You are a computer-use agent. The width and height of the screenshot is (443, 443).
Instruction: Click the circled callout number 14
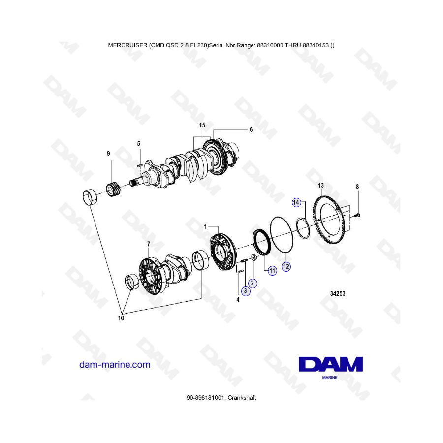pyautogui.click(x=296, y=202)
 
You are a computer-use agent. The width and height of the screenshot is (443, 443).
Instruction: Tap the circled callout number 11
pyautogui.click(x=272, y=271)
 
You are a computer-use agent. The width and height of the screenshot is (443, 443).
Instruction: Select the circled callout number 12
pyautogui.click(x=286, y=266)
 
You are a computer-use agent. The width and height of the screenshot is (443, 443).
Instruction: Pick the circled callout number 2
pyautogui.click(x=253, y=283)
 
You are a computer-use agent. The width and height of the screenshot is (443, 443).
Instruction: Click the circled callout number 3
pyautogui.click(x=246, y=291)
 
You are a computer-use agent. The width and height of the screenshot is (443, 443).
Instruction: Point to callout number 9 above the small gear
pyautogui.click(x=108, y=154)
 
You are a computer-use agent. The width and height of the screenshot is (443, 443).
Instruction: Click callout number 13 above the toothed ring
pyautogui.click(x=320, y=186)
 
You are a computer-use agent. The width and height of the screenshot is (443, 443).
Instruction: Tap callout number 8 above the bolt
pyautogui.click(x=357, y=187)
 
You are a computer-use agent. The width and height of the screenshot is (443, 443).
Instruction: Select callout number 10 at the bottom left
pyautogui.click(x=121, y=318)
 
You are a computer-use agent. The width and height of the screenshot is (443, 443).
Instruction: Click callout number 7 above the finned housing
pyautogui.click(x=149, y=244)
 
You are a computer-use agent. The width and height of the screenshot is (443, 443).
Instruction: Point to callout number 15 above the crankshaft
pyautogui.click(x=202, y=125)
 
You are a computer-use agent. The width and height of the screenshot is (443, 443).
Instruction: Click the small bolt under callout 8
pyautogui.click(x=357, y=216)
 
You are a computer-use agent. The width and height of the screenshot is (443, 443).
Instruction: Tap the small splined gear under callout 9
pyautogui.click(x=113, y=190)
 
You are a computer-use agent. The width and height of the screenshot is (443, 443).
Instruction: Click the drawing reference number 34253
pyautogui.click(x=338, y=293)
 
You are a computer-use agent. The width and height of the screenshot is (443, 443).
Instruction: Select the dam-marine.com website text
pyautogui.click(x=115, y=364)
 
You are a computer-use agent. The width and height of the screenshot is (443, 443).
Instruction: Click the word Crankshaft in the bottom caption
pyautogui.click(x=242, y=398)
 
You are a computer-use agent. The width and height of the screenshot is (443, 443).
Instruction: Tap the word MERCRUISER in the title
pyautogui.click(x=127, y=45)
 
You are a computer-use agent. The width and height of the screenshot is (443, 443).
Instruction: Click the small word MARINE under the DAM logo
pyautogui.click(x=330, y=377)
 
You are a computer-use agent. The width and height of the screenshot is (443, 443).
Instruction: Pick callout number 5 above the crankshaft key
pyautogui.click(x=138, y=144)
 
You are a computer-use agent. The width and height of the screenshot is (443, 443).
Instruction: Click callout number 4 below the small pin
pyautogui.click(x=238, y=299)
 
